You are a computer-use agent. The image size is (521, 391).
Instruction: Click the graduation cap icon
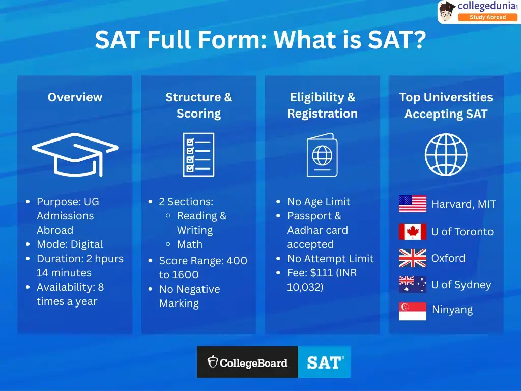click(x=75, y=154)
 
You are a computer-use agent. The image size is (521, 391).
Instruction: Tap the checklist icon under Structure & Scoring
click(x=198, y=154)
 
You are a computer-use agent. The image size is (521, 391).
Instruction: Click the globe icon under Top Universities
click(x=446, y=154)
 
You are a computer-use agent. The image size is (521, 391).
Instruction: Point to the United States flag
click(x=413, y=204)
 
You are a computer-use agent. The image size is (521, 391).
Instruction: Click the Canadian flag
click(x=413, y=231)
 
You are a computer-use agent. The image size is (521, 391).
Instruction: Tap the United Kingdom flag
click(x=413, y=258)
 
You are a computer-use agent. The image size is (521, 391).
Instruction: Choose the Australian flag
click(x=413, y=285)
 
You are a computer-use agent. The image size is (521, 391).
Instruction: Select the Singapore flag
click(x=413, y=311)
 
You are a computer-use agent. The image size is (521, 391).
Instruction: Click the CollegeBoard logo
click(x=247, y=362)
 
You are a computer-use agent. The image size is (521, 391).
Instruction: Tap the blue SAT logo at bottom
click(x=325, y=362)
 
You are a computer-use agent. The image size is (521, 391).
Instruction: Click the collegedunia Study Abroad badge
click(x=480, y=12)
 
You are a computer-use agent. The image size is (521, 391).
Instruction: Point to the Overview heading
click(x=75, y=97)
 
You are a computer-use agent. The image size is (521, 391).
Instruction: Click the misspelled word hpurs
click(x=108, y=259)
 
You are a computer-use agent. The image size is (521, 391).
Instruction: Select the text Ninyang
click(x=452, y=310)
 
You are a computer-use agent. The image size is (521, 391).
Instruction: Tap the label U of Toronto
click(x=462, y=232)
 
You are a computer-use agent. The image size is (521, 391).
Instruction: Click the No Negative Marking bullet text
click(x=189, y=296)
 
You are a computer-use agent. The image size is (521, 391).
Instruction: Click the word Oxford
click(x=448, y=258)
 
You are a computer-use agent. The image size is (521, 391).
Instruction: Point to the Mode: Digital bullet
click(x=69, y=244)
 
